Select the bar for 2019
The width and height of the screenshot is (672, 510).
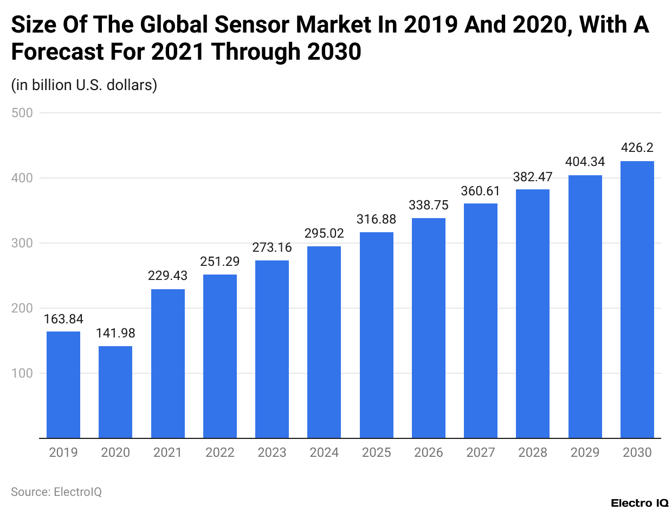(63, 385)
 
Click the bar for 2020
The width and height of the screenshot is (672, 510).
(115, 392)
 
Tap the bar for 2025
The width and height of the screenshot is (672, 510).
(377, 335)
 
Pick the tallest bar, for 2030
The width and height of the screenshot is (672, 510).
(637, 299)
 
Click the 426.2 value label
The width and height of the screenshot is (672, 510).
(637, 148)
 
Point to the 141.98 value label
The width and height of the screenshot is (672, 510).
(115, 333)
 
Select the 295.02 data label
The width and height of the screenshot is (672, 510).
(324, 233)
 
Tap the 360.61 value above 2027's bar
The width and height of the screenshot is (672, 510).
(481, 191)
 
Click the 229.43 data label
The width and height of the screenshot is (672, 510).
(167, 276)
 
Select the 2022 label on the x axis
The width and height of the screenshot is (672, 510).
(219, 452)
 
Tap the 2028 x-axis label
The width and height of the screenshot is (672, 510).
(533, 452)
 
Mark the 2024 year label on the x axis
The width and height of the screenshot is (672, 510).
(324, 452)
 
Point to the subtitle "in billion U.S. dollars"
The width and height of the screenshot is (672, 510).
(84, 85)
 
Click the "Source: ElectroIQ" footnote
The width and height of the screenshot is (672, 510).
(56, 492)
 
